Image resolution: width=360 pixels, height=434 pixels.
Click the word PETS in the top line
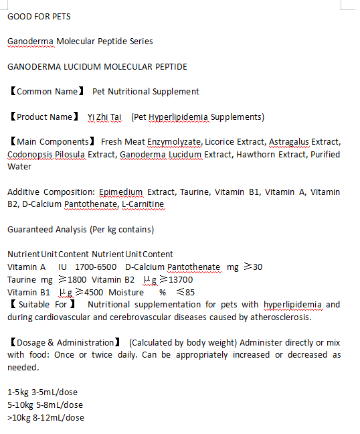coord(60,16)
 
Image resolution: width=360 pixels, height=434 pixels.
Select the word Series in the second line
coord(141,42)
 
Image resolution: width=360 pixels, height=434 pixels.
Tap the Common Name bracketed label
coord(46,91)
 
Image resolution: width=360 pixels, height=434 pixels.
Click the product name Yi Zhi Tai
coord(104,117)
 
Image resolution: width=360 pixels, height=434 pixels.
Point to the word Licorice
coord(221,142)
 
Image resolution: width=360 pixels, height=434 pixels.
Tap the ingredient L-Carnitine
coord(143,204)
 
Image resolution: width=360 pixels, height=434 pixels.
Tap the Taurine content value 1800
coord(73,280)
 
